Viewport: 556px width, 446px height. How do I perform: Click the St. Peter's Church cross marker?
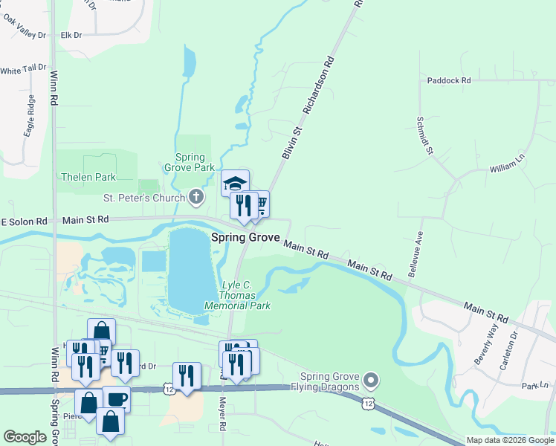[196, 197]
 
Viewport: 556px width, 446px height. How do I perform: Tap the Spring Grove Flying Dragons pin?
[372, 381]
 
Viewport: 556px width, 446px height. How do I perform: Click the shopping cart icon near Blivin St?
[260, 203]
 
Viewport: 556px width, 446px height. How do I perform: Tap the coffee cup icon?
[117, 399]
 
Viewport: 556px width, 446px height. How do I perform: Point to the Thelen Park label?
[88, 178]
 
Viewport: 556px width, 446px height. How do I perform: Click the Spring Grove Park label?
[195, 162]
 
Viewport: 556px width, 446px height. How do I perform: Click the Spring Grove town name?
[245, 238]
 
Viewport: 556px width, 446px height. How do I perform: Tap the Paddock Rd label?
[449, 80]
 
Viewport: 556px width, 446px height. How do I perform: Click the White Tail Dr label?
[23, 71]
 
